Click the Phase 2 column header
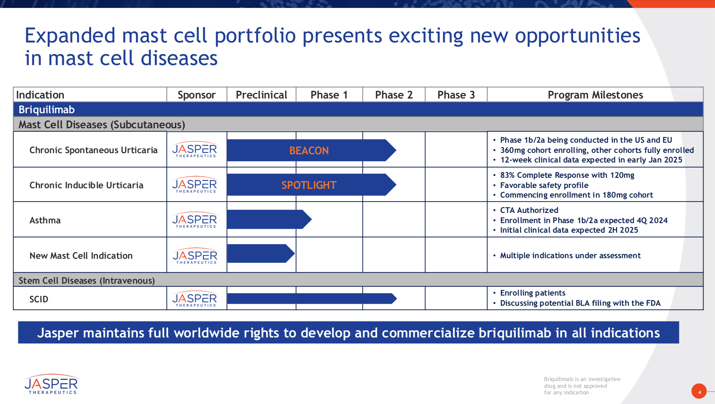(x=394, y=95)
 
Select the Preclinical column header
(x=261, y=95)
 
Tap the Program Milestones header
(x=595, y=95)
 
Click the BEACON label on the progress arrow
(x=309, y=151)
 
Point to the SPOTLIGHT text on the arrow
(x=309, y=185)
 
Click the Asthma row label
(x=45, y=220)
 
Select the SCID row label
(x=39, y=299)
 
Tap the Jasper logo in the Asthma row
(x=195, y=220)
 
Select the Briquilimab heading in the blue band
(x=47, y=110)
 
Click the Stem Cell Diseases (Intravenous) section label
(x=87, y=280)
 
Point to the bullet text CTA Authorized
(x=529, y=210)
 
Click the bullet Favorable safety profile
(x=544, y=185)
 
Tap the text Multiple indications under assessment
(x=570, y=255)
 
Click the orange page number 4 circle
(x=699, y=392)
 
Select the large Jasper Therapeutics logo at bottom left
(x=51, y=384)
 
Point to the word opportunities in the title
(x=577, y=36)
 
